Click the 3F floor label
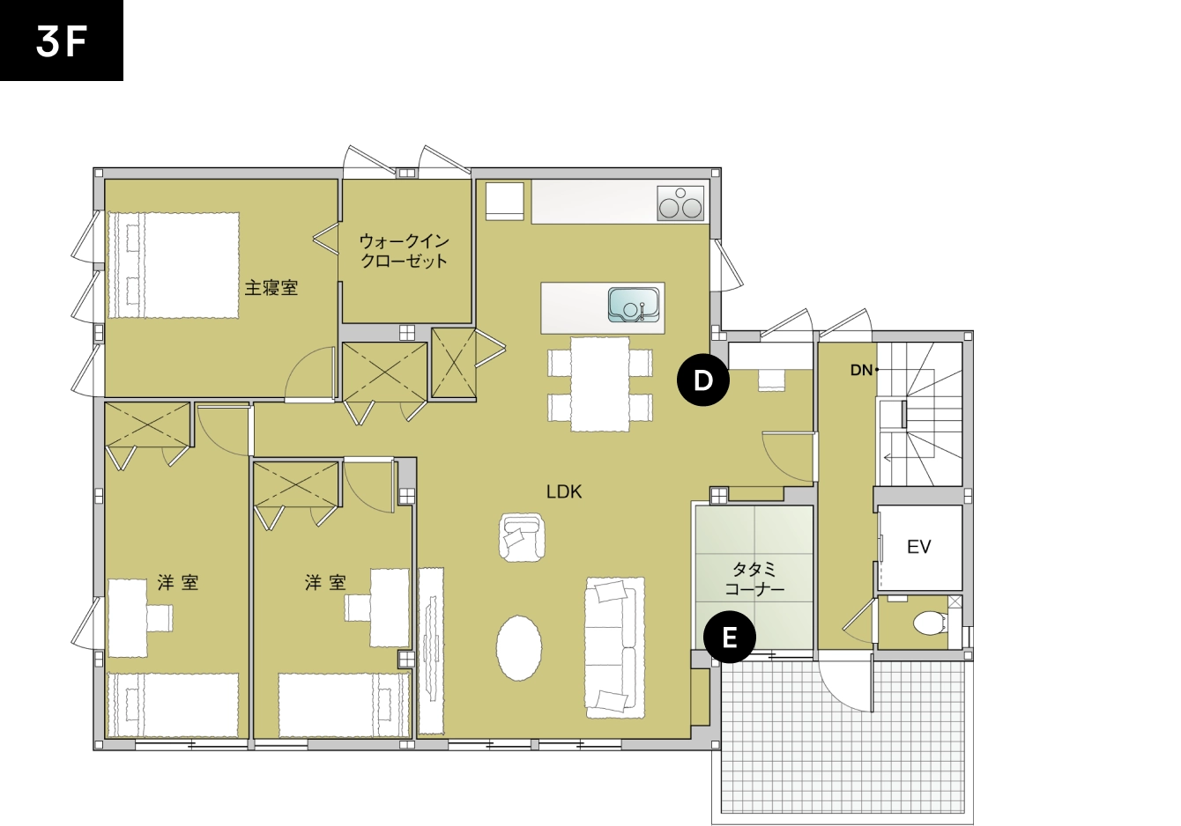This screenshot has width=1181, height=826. coord(61,41)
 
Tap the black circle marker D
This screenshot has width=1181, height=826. coord(702,380)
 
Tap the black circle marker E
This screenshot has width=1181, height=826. coord(729,637)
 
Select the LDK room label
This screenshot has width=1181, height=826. coord(564,491)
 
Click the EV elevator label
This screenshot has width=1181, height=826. coord(918,547)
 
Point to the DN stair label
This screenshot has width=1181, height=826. coord(861,371)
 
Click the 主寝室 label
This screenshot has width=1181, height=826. coord(271,288)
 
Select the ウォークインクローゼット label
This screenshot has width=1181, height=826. coord(405,251)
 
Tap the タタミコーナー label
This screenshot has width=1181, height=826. coord(754,579)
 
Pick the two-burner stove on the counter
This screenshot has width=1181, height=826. coord(680,203)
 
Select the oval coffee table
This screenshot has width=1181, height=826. coord(518,647)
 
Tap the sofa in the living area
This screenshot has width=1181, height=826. coord(614,646)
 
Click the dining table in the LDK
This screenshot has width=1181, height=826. coord(599,384)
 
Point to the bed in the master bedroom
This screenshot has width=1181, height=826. coord(174,265)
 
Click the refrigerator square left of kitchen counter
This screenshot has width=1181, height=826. coord(505,201)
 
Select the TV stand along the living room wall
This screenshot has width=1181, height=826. coord(431,650)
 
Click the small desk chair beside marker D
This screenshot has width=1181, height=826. coord(771,378)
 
